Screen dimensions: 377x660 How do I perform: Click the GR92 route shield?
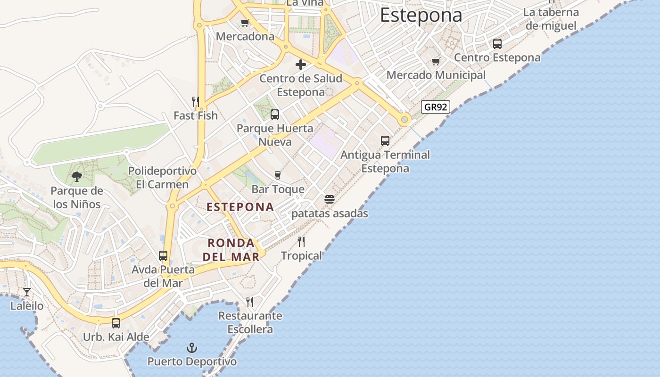435,107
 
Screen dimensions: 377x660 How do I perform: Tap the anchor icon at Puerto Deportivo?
192,348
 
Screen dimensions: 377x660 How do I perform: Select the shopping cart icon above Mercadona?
245,23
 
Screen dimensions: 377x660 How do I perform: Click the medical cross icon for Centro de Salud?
300,65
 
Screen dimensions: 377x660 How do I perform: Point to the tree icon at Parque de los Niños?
76,177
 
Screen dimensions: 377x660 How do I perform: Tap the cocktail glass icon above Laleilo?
27,292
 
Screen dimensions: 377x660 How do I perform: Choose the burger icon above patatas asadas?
330,199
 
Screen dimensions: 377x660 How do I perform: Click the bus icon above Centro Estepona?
497,44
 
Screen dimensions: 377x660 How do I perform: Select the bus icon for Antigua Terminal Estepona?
385,140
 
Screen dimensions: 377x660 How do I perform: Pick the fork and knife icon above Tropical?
301,242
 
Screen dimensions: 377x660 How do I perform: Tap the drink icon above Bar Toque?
278,175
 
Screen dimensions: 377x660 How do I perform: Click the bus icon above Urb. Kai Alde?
115,323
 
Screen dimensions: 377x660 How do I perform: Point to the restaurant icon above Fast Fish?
195,101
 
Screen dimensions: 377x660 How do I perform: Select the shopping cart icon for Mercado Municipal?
436,61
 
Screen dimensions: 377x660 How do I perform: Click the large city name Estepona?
421,15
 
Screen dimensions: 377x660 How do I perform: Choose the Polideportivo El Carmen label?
162,177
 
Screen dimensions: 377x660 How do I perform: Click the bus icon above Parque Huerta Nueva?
274,114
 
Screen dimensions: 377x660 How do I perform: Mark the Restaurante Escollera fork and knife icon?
250,302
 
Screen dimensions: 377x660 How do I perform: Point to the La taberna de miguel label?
551,19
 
